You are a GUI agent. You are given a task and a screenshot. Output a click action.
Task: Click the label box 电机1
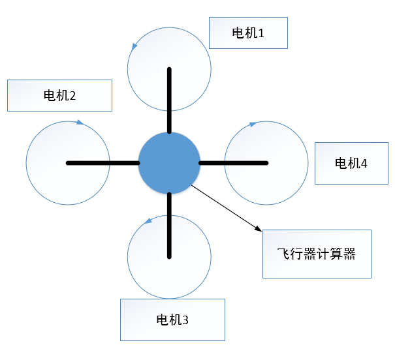click(x=248, y=32)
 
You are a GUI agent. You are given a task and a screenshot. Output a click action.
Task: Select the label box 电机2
click(x=59, y=95)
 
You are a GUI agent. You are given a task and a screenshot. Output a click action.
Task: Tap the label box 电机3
click(x=172, y=320)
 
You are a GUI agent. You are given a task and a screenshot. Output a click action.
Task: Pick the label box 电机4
click(x=351, y=163)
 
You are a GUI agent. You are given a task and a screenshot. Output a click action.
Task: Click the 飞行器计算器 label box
click(x=317, y=254)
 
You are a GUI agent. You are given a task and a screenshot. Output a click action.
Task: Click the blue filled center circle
click(x=169, y=162)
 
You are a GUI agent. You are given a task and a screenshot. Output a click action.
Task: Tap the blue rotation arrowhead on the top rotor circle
click(x=134, y=47)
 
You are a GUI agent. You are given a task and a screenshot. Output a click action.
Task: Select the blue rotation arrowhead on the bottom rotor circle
click(x=148, y=221)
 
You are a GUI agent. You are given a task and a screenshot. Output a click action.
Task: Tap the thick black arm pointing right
click(x=233, y=162)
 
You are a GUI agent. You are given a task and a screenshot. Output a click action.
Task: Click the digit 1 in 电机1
click(x=261, y=32)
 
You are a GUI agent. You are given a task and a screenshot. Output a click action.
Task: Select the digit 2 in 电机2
click(x=72, y=96)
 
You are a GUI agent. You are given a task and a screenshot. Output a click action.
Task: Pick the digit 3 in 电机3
click(x=185, y=320)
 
